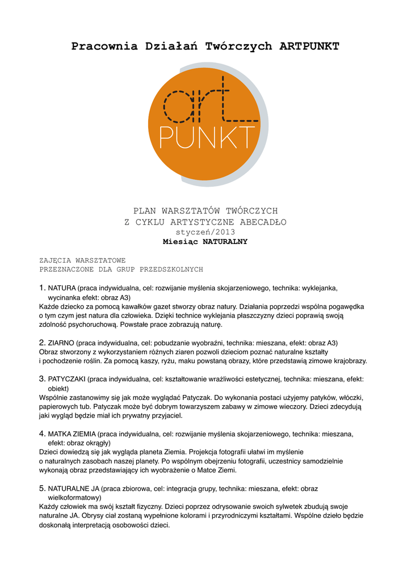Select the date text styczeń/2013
coord(205,231)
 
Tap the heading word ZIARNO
coord(61,343)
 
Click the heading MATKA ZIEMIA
coord(72,434)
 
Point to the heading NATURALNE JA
coord(74,489)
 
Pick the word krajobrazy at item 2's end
coord(347,361)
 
